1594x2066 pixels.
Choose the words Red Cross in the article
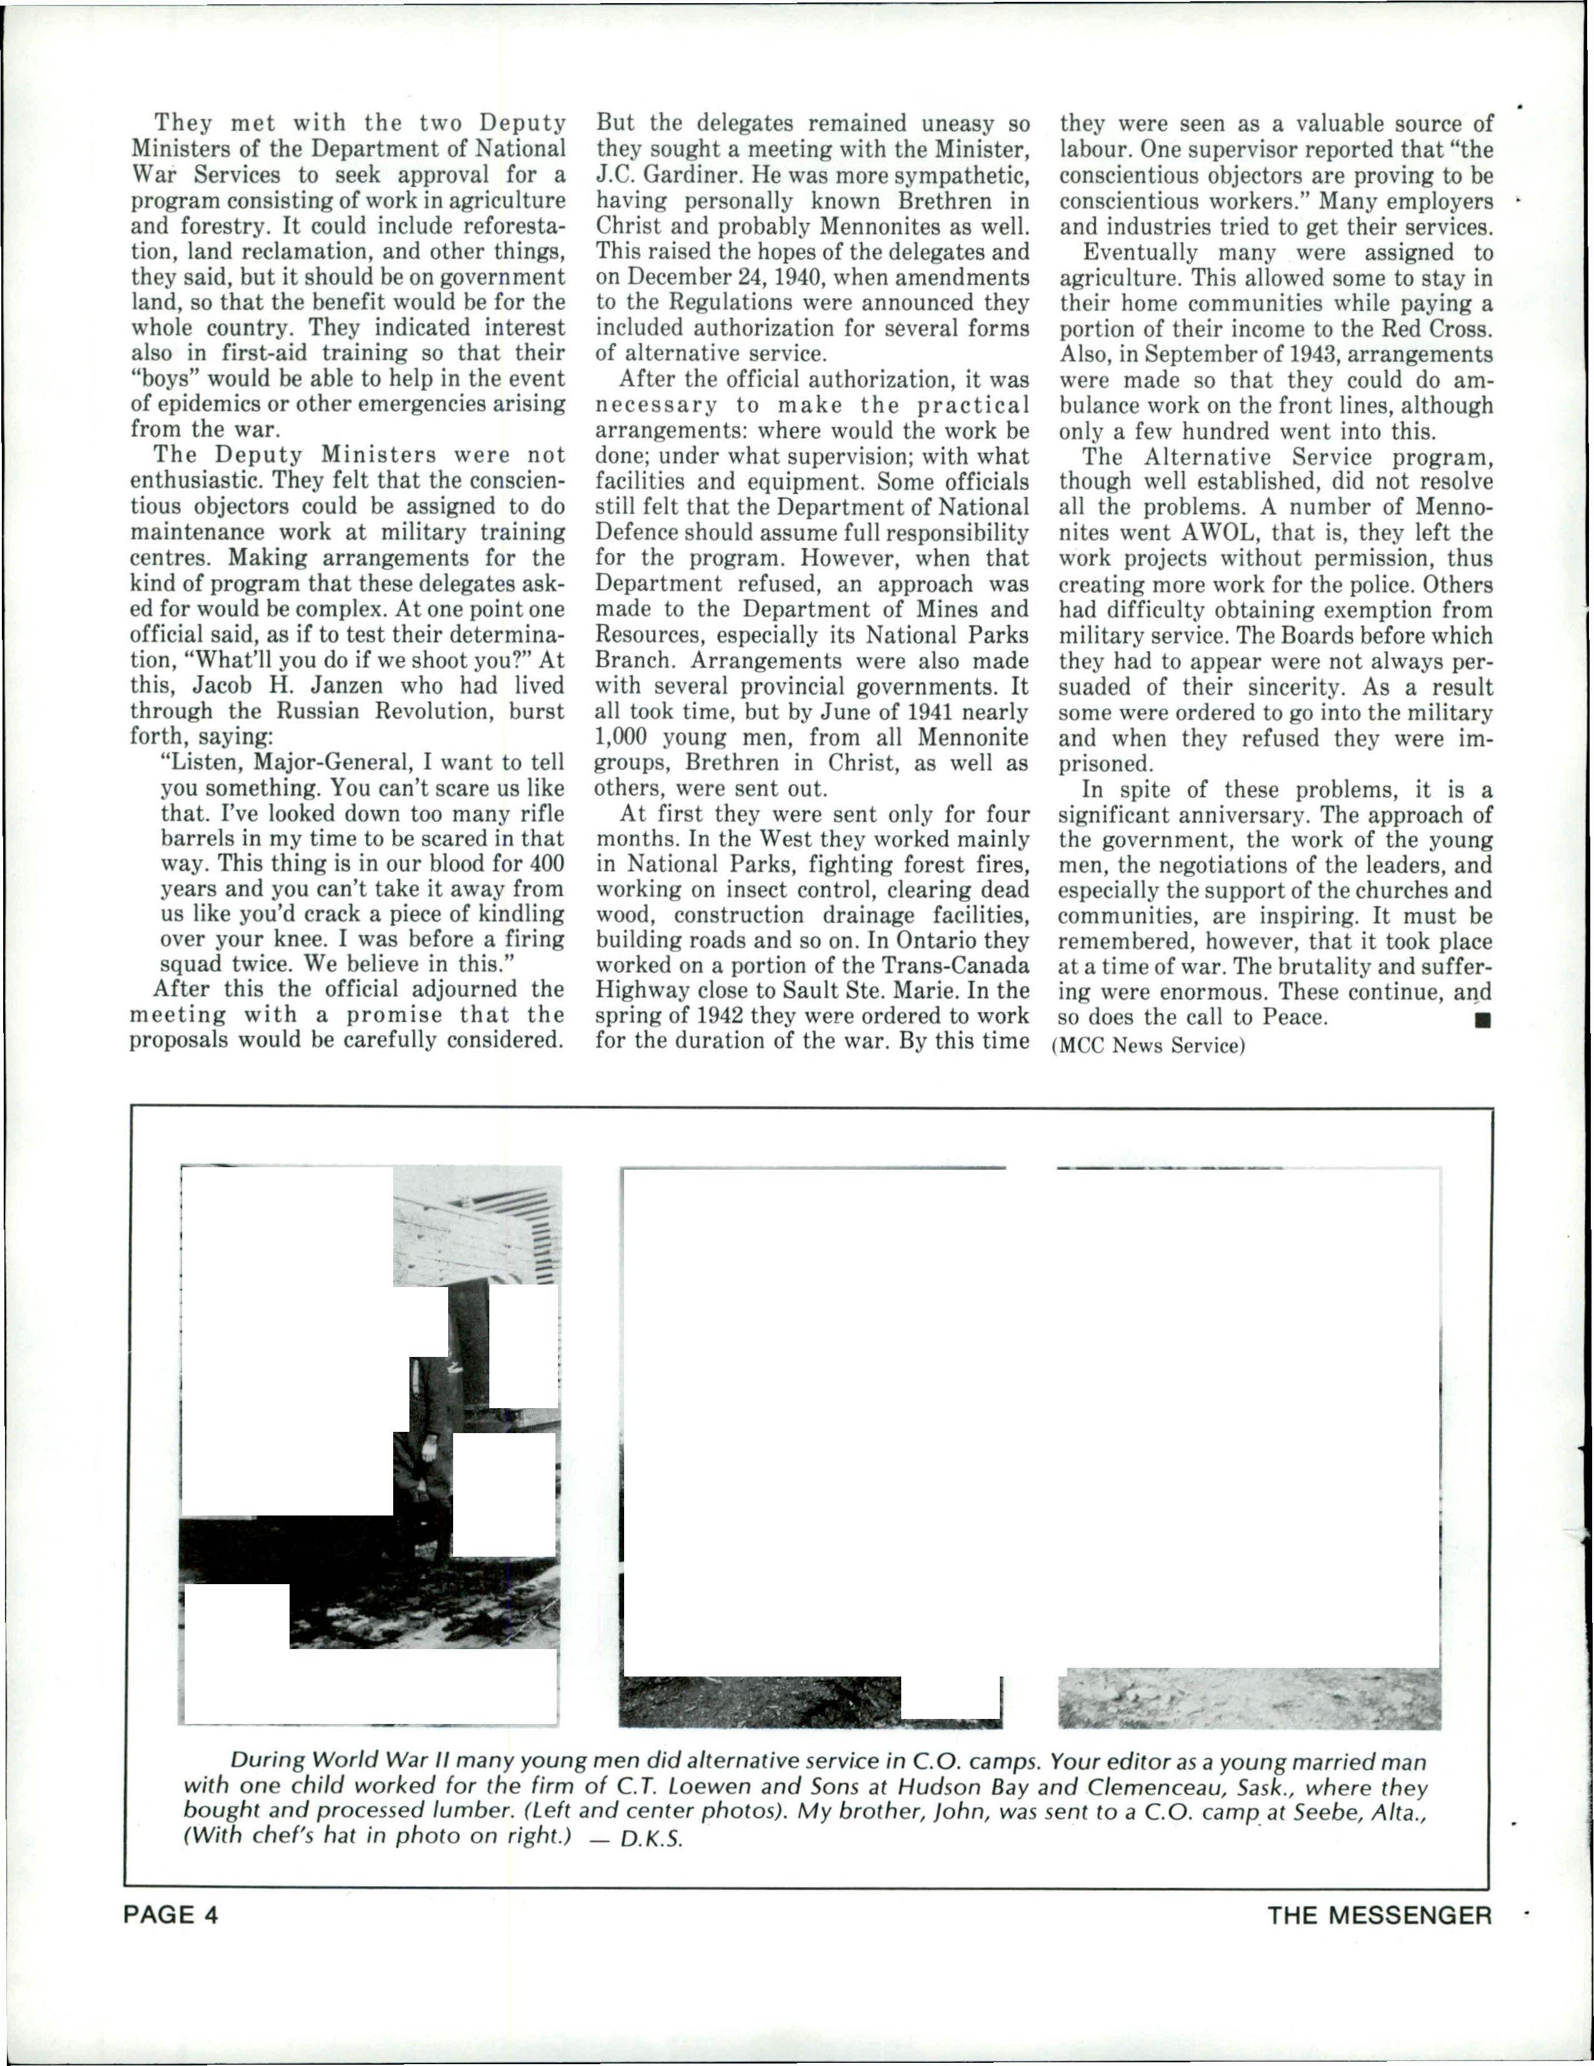tap(1437, 329)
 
